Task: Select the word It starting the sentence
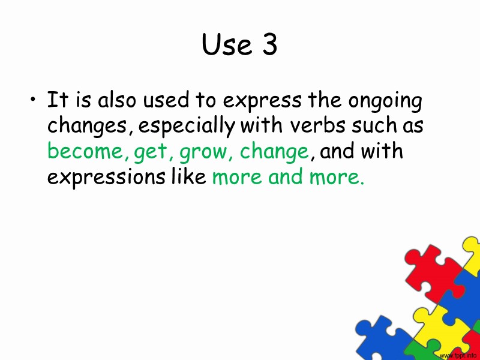(56, 100)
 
